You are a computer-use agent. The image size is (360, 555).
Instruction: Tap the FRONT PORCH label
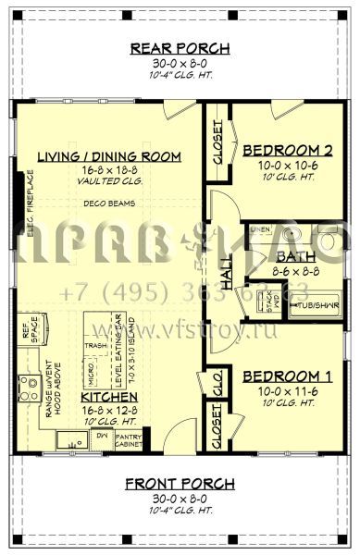(x=180, y=484)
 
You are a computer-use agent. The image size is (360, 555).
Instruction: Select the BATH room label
(x=298, y=257)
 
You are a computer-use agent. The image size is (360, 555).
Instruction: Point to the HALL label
(x=228, y=277)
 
